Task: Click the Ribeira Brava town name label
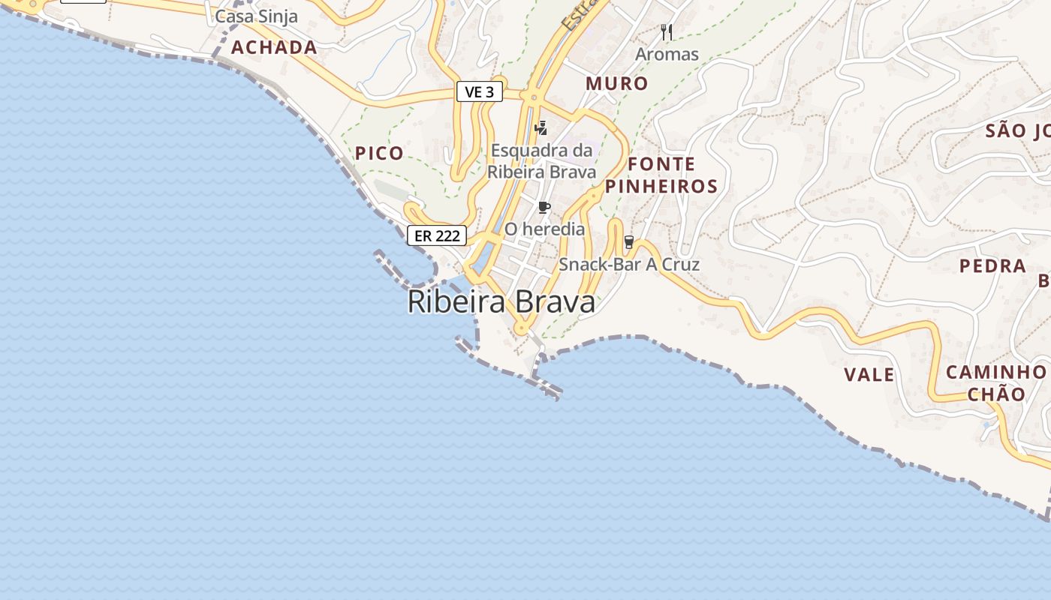pyautogui.click(x=501, y=302)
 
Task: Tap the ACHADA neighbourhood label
pyautogui.click(x=274, y=48)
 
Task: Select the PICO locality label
pyautogui.click(x=379, y=154)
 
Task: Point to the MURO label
pyautogui.click(x=617, y=83)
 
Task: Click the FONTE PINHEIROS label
pyautogui.click(x=661, y=175)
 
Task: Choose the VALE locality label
pyautogui.click(x=869, y=375)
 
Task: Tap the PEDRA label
pyautogui.click(x=992, y=266)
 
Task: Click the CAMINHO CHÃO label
pyautogui.click(x=996, y=383)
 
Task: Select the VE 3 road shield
pyautogui.click(x=480, y=92)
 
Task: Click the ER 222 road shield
pyautogui.click(x=437, y=235)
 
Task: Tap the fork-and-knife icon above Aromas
pyautogui.click(x=666, y=32)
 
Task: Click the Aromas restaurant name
pyautogui.click(x=667, y=55)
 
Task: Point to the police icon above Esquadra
pyautogui.click(x=541, y=127)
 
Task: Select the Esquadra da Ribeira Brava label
pyautogui.click(x=541, y=160)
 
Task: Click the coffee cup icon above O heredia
pyautogui.click(x=544, y=207)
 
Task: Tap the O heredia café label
pyautogui.click(x=544, y=229)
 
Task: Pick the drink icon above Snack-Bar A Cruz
pyautogui.click(x=629, y=242)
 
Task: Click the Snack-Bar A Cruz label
pyautogui.click(x=629, y=265)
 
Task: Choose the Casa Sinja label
pyautogui.click(x=257, y=16)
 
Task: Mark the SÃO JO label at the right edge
pyautogui.click(x=1017, y=131)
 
